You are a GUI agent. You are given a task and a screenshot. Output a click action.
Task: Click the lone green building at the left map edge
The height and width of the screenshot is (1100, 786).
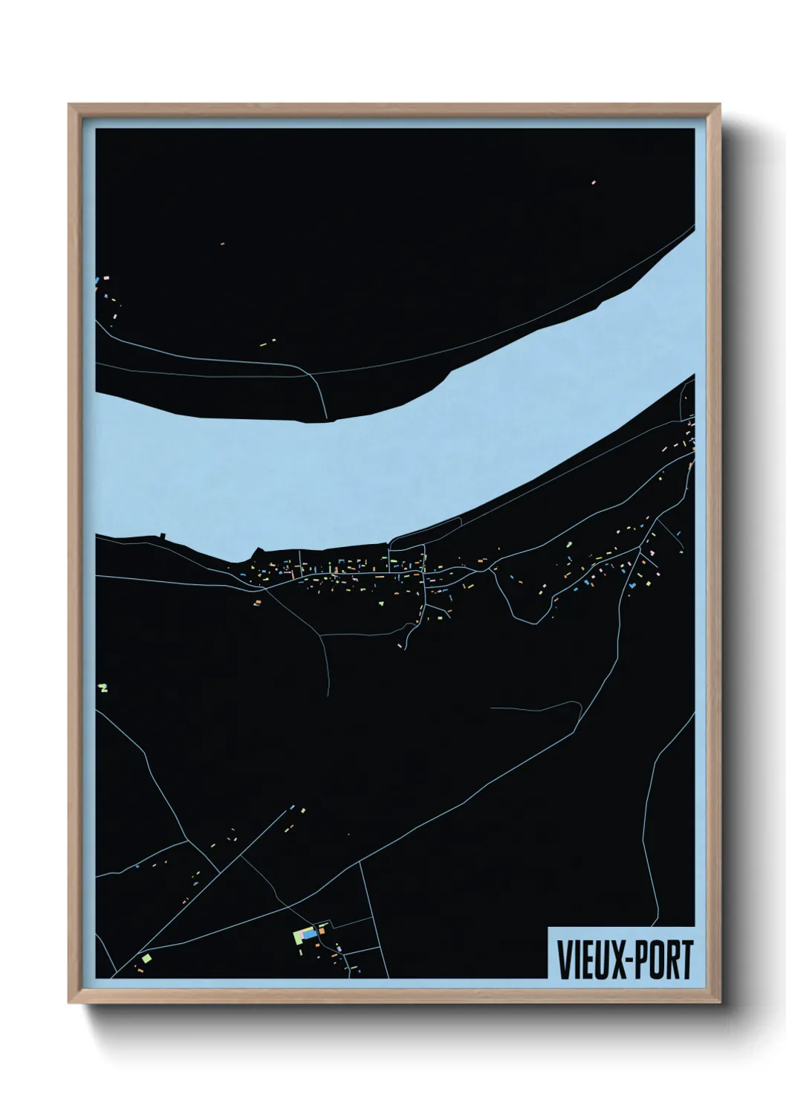coord(103,687)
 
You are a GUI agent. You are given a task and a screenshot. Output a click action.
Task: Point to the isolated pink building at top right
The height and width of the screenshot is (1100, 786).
coord(594,181)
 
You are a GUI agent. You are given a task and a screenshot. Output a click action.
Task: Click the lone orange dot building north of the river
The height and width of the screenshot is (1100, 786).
coord(222,243)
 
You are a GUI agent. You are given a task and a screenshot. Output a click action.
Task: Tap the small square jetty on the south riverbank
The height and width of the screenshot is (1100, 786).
coord(161,535)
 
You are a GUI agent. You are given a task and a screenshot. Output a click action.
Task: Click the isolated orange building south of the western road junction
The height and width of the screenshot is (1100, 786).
coord(258,602)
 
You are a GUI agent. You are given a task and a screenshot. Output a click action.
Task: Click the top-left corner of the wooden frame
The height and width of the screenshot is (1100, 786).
coord(69,105)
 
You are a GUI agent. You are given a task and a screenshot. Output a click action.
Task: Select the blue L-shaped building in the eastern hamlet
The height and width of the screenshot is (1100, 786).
coord(632,585)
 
